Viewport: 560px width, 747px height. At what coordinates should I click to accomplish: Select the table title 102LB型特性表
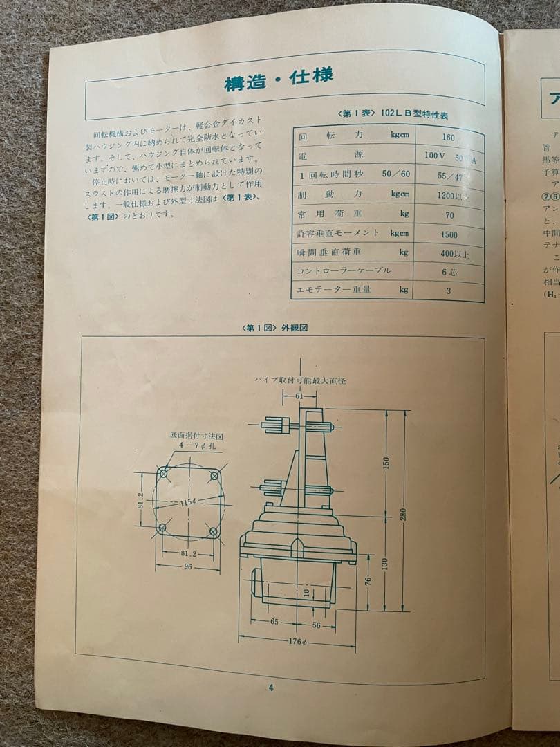(404, 115)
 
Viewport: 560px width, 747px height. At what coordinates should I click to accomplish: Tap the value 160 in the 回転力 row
(449, 137)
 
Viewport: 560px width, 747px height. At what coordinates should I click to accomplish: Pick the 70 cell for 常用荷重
(449, 215)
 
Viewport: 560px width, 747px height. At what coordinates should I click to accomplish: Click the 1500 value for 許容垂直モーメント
(449, 234)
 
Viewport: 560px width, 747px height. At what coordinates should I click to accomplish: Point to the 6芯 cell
(449, 272)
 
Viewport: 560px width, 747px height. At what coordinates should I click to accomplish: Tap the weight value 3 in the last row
(448, 291)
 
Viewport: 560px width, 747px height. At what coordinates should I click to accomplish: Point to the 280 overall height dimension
(403, 513)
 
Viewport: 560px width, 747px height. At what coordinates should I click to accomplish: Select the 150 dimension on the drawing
(386, 461)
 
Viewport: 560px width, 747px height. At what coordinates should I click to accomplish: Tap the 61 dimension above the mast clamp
(299, 396)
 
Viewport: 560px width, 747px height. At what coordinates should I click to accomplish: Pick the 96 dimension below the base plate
(188, 566)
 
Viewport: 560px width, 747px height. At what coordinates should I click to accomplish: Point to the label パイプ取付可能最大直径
(299, 380)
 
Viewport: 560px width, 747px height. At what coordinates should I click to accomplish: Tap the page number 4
(271, 687)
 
